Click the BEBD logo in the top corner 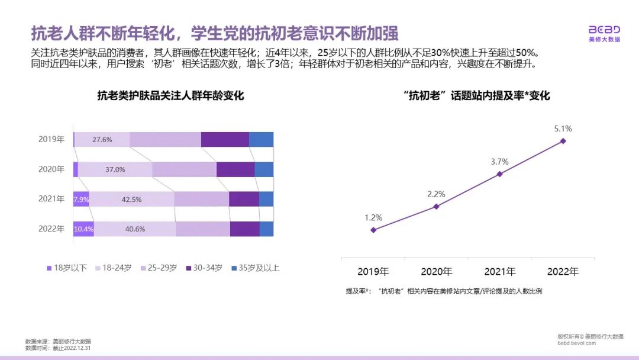[604, 33]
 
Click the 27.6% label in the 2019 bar [102, 140]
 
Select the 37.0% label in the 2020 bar [115, 169]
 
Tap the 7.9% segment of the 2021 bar [80, 200]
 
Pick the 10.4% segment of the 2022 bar [83, 229]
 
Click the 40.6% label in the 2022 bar [135, 229]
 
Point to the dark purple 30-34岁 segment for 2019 [225, 140]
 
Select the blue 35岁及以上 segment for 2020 [264, 169]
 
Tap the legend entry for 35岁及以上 [254, 268]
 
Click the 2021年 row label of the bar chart [51, 200]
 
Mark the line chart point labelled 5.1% [563, 141]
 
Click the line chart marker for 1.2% [373, 230]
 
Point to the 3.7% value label [500, 161]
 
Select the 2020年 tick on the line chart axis [436, 272]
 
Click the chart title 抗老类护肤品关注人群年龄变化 [170, 96]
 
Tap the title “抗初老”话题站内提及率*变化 [476, 96]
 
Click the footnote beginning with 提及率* [444, 291]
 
